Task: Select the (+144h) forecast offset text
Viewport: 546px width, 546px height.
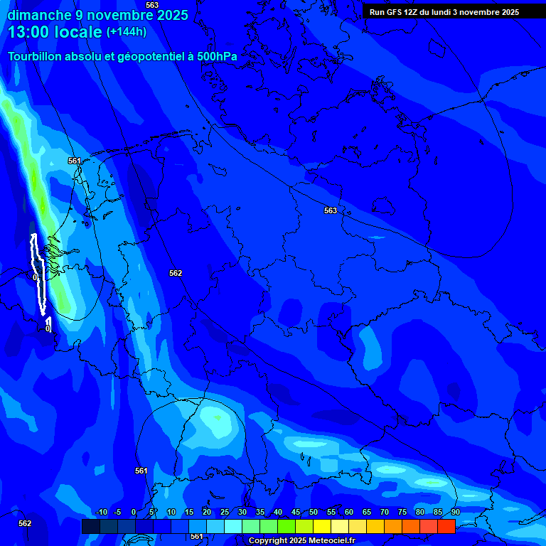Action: point(126,32)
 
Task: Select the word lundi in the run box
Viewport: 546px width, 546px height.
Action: point(441,12)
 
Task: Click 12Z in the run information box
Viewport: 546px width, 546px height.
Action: point(411,12)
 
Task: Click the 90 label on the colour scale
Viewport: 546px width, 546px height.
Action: point(455,513)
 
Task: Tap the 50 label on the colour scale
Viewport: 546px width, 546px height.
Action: point(313,513)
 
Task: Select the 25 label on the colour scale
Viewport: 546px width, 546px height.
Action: point(224,513)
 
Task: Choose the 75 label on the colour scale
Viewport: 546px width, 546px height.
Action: point(402,513)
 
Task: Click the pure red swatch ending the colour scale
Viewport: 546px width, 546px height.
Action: point(446,526)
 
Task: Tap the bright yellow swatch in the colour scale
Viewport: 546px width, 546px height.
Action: point(321,526)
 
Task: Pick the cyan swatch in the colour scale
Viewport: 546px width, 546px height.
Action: point(232,526)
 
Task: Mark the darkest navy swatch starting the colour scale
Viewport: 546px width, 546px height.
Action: point(90,526)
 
